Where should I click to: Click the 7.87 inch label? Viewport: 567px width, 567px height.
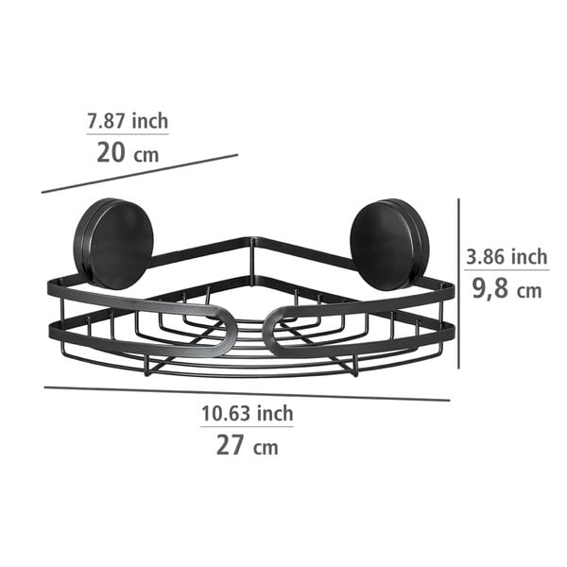point(128,121)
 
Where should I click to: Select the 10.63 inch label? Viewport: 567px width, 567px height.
point(247,413)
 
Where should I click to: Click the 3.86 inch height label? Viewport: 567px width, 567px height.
point(507,256)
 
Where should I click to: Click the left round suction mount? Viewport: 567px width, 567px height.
point(115,239)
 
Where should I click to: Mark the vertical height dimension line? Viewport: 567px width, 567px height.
point(458,283)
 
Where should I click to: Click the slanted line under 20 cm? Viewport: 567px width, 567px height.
point(140,173)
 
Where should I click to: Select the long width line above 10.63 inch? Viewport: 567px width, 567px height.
point(247,393)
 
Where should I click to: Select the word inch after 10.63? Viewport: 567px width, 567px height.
point(274,413)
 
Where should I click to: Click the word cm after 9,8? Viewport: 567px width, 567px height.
point(529,289)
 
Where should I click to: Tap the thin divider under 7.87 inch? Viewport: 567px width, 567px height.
point(128,135)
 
